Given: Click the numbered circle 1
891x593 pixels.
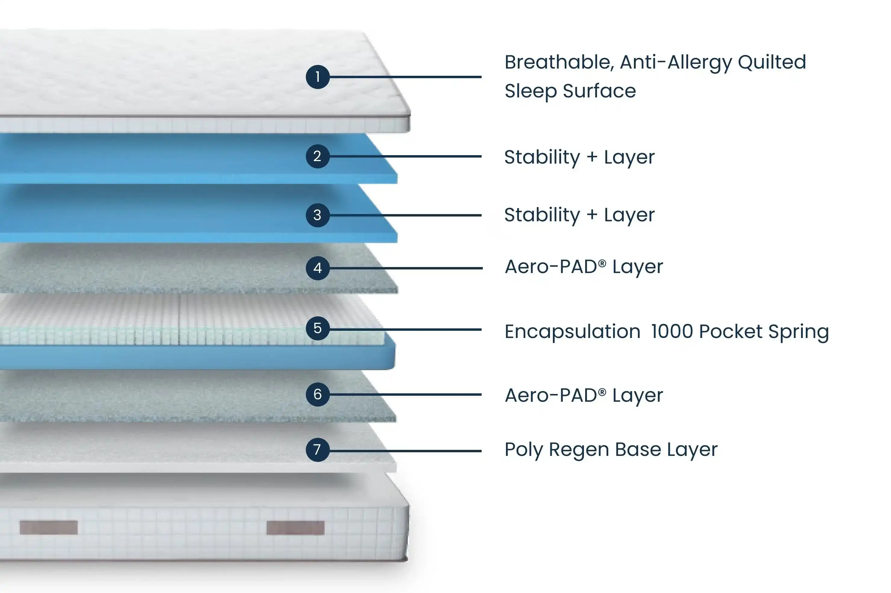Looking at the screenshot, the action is tap(317, 77).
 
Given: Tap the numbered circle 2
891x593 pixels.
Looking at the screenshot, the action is tap(317, 156).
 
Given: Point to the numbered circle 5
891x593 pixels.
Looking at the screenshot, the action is tap(317, 328).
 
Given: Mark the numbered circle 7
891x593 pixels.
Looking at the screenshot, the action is tap(317, 450).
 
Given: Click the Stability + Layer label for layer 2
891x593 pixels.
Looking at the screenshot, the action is tap(579, 157).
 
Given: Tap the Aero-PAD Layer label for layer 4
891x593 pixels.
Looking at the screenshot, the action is tap(584, 267).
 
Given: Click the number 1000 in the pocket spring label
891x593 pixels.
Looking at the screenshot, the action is tap(672, 331).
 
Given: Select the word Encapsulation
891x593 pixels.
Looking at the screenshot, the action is tap(572, 331).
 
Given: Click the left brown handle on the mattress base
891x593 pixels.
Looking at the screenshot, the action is tap(49, 527).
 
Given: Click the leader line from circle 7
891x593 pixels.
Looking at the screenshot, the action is tap(405, 451).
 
